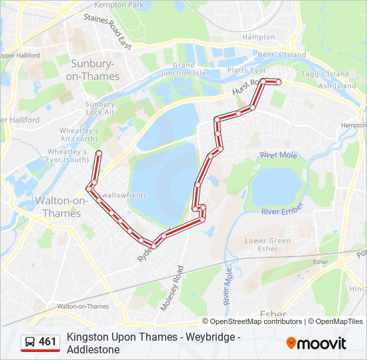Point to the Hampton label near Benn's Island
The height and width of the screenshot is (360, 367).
point(258,37)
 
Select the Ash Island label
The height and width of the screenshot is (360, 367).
point(337,85)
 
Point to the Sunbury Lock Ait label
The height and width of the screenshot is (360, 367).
point(99,108)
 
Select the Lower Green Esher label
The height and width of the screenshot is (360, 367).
point(268,244)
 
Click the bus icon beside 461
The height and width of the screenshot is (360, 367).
point(29,342)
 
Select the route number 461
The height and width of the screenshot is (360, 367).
point(47,342)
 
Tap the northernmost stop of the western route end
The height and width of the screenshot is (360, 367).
point(99,154)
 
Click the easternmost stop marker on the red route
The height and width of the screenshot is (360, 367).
point(278,83)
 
